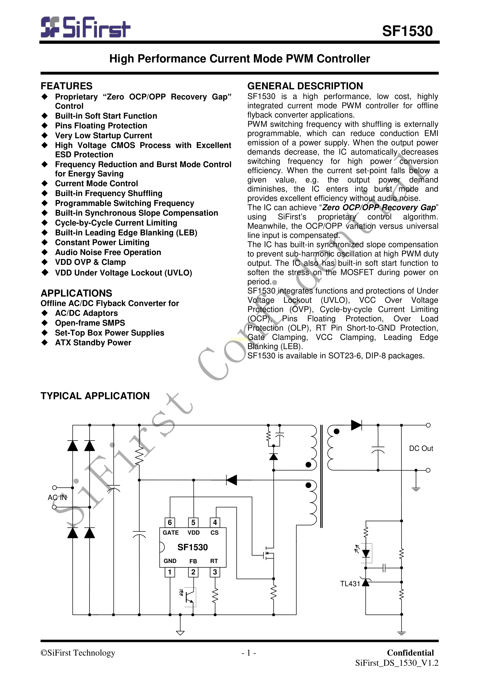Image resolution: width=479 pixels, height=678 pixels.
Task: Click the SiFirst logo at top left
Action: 85,27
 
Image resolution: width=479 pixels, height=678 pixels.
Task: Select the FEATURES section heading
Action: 66,86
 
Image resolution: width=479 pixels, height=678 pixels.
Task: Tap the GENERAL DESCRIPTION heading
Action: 305,86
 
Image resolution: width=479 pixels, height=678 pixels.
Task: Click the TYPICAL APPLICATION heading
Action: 95,396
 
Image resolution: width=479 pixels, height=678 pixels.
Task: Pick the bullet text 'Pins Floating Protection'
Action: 101,126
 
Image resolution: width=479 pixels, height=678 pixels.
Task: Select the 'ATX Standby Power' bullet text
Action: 93,343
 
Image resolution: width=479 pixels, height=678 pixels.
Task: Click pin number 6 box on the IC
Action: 170,522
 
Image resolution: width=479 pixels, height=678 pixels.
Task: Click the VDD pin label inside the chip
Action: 193,532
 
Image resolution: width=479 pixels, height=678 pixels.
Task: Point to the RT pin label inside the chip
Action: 214,561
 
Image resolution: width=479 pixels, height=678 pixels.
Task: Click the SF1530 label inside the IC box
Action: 193,547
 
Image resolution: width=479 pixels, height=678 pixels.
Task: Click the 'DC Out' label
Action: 421,448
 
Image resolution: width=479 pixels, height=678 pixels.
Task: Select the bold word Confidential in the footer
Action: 410,653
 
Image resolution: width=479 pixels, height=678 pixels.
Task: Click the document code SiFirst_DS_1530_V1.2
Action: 397,663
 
